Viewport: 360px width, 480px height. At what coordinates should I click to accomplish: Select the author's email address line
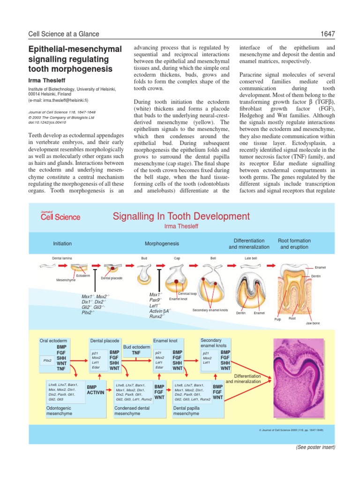(65, 100)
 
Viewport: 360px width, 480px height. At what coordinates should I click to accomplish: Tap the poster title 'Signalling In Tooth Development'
(181, 216)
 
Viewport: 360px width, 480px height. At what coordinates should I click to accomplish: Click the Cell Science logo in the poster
(60, 216)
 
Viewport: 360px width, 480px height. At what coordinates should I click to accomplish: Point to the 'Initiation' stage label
(62, 243)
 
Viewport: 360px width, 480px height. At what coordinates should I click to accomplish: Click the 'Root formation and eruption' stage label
(294, 244)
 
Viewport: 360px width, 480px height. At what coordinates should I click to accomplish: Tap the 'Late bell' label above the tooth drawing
(251, 258)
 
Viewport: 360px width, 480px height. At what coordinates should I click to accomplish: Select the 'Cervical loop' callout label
(187, 293)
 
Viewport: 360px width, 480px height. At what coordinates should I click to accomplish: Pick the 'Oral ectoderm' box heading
(55, 340)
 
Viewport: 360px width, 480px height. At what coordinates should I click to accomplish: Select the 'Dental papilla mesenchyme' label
(186, 411)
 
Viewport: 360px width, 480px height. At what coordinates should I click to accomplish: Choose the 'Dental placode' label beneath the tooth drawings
(112, 278)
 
